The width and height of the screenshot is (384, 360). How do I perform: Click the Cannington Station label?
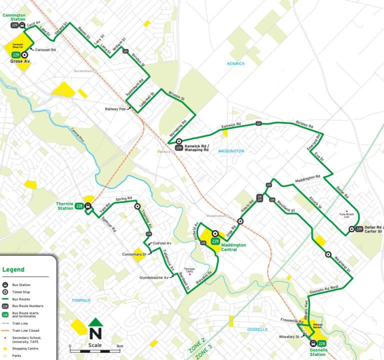point(13,17)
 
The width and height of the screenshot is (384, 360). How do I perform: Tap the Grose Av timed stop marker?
point(24,55)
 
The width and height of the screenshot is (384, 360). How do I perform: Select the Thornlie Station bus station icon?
point(88,205)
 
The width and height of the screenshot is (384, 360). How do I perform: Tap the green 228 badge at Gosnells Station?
point(322,343)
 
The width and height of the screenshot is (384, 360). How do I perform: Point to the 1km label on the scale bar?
point(119,346)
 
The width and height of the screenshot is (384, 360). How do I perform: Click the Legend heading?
point(13,269)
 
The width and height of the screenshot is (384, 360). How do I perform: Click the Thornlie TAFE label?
point(189,270)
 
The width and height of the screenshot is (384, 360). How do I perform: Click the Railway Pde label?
point(115,108)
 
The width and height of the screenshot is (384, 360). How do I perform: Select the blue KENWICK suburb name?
point(235,63)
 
